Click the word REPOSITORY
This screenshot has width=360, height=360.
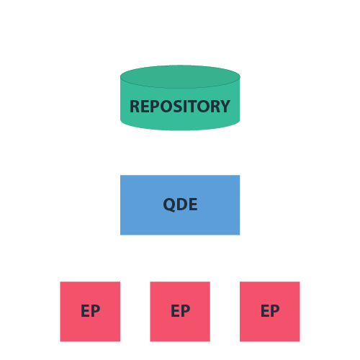[180, 107]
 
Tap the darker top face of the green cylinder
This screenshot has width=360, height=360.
[180, 76]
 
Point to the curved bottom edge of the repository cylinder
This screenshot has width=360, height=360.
[180, 130]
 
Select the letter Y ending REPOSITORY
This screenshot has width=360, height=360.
[225, 107]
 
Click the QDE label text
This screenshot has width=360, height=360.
[180, 204]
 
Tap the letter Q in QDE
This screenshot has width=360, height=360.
[169, 204]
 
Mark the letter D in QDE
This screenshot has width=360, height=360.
[181, 204]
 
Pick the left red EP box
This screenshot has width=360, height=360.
[90, 328]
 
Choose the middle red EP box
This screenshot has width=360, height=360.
[180, 328]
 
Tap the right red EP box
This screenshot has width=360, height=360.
[270, 328]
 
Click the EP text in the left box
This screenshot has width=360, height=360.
[90, 312]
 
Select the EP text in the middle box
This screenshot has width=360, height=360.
[180, 312]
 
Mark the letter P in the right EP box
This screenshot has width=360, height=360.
[275, 312]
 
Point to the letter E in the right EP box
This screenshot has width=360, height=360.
[265, 312]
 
